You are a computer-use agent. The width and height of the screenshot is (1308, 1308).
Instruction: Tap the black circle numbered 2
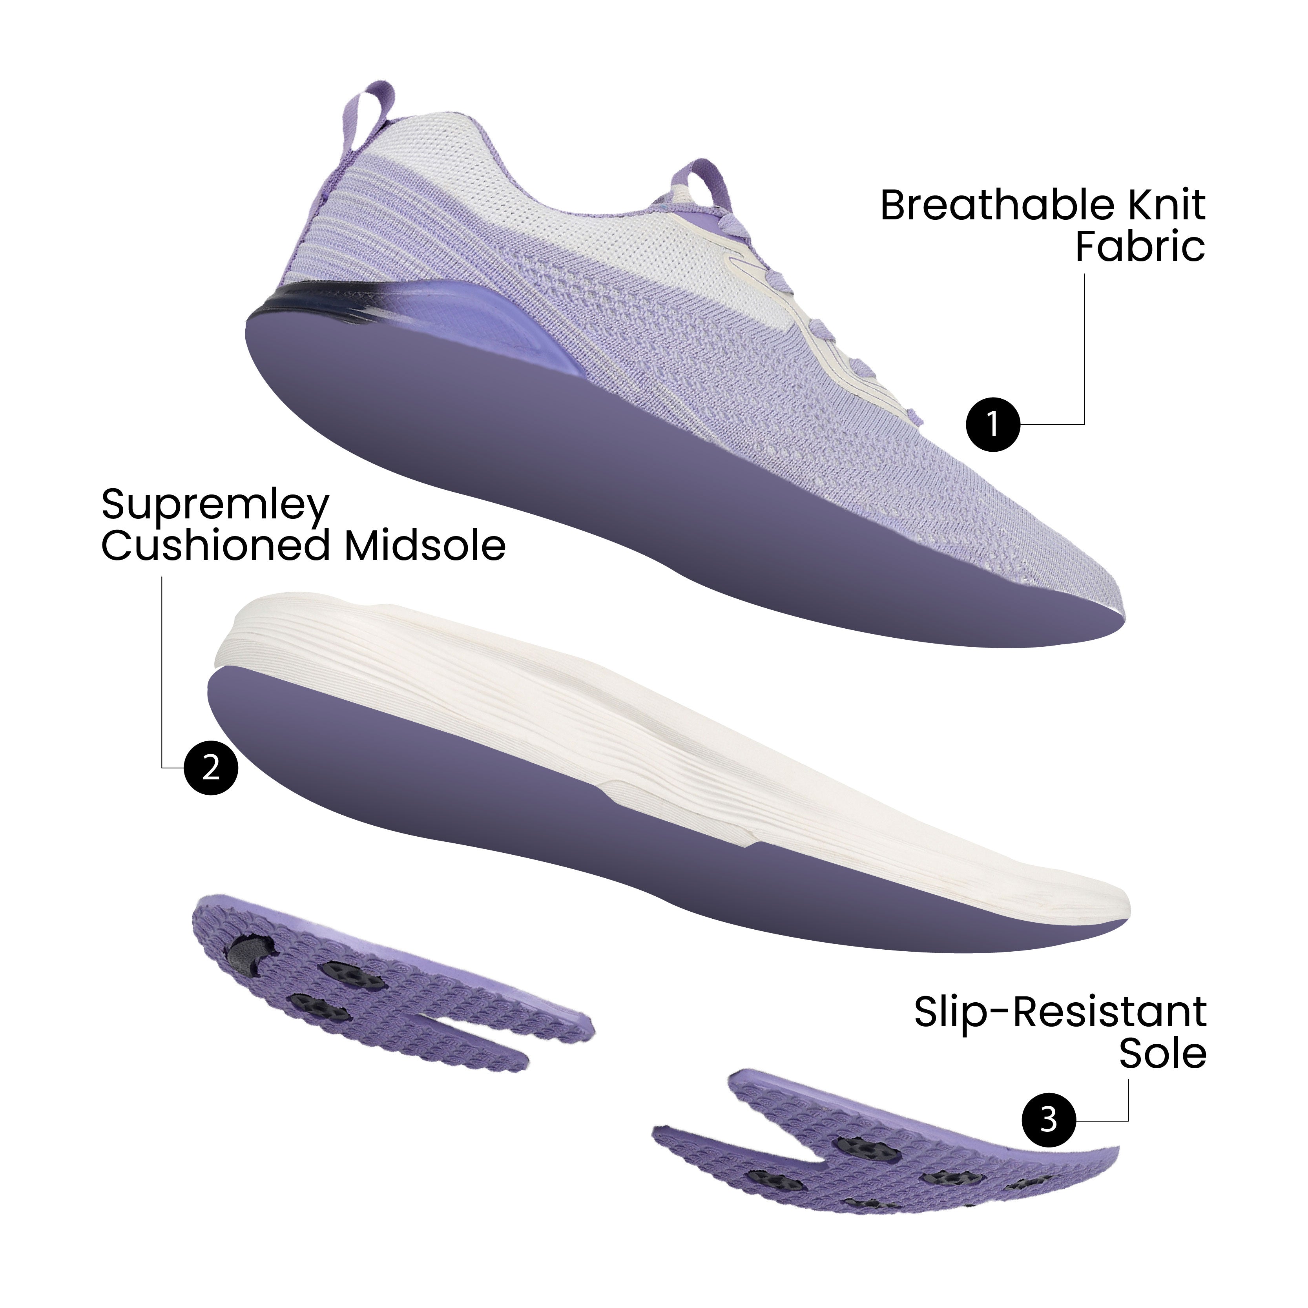coord(211,768)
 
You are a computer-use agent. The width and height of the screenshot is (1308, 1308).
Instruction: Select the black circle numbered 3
coord(1048,1120)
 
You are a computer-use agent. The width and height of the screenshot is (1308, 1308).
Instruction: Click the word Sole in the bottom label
coord(1162,1054)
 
